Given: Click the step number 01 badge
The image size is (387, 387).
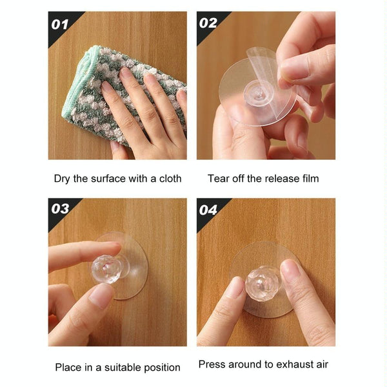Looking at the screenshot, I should click(60, 25).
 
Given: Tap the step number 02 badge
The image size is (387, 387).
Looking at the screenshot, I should click(209, 24).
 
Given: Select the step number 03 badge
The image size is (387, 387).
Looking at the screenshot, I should click(60, 209).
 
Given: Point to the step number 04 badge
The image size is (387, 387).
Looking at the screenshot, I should click(209, 210).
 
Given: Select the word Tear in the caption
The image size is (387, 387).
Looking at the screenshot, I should click(219, 178).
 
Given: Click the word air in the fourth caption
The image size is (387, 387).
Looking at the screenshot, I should click(321, 364).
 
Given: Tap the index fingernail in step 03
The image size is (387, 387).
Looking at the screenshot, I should click(101, 295).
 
